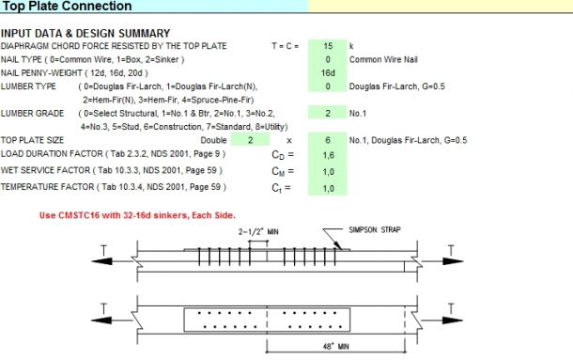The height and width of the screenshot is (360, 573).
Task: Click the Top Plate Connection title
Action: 68,7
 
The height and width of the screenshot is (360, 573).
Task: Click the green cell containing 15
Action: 328,45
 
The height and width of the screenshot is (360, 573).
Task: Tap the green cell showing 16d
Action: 328,72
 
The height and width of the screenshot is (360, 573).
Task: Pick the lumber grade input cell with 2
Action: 328,112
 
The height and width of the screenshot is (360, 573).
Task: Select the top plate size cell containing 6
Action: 328,139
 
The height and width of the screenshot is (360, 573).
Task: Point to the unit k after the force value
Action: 351,45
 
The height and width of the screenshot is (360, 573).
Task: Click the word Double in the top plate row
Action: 213,139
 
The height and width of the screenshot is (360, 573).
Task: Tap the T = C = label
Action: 286,45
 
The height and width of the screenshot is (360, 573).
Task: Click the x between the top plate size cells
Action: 286,139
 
